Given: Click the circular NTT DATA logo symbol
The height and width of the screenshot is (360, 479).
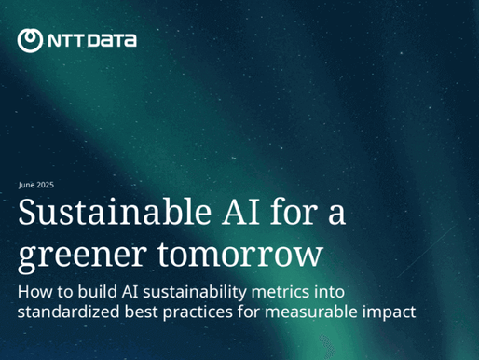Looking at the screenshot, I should [x=30, y=40].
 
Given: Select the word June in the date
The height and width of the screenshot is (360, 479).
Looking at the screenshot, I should [x=26, y=185].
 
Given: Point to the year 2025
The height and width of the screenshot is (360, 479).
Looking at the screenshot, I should [x=45, y=185].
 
